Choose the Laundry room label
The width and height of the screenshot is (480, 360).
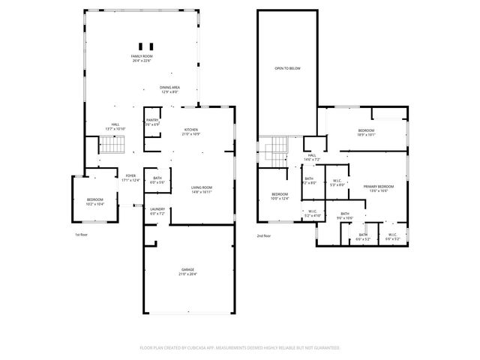click(157, 211)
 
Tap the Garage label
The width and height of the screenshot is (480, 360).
click(187, 271)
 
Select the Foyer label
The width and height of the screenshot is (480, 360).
click(131, 178)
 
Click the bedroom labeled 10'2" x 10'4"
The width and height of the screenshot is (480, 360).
click(94, 202)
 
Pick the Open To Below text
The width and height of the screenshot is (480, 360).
click(287, 68)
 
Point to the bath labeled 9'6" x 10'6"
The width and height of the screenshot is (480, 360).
click(345, 216)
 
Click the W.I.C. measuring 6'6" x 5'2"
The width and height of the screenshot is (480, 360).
click(392, 236)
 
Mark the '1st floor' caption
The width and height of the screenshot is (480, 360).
click(82, 235)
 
